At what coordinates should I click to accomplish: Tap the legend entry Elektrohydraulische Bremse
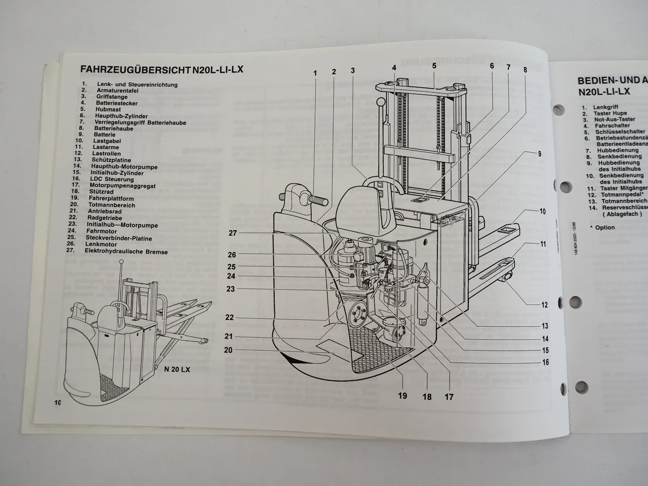(x=126, y=251)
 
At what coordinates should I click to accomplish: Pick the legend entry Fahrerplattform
(x=110, y=199)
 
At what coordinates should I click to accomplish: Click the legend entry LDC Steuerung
(x=112, y=179)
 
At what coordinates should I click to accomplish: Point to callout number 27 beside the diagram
(x=232, y=233)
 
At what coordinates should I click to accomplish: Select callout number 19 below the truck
(x=402, y=395)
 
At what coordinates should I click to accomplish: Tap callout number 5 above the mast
(x=434, y=65)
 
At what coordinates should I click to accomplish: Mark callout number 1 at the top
(x=315, y=73)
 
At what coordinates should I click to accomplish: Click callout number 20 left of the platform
(x=228, y=350)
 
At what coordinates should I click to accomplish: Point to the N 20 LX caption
(x=177, y=370)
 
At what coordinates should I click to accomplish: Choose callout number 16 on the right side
(x=545, y=362)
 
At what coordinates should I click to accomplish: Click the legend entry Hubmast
(x=107, y=109)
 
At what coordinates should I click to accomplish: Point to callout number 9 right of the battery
(x=540, y=153)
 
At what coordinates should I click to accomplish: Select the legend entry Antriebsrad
(x=105, y=211)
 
